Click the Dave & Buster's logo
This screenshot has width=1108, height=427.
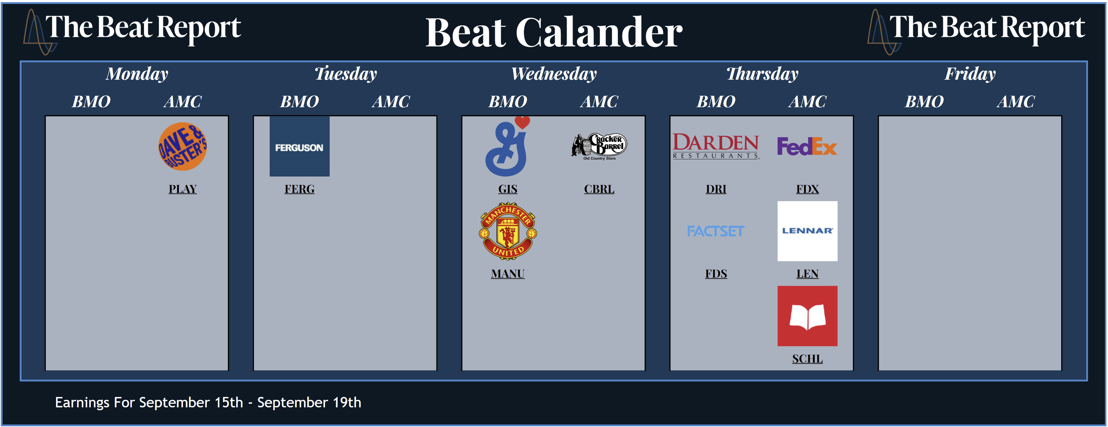(x=183, y=147)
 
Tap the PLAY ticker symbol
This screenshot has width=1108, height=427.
(x=183, y=189)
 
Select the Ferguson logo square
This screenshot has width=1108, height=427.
(x=299, y=147)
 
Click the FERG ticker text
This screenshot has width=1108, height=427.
(x=299, y=189)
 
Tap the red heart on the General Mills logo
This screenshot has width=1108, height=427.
(x=522, y=122)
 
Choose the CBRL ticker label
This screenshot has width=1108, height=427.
(x=599, y=189)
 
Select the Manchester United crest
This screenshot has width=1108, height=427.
(x=508, y=231)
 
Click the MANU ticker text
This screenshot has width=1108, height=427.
(x=508, y=274)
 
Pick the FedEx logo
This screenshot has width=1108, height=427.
(x=807, y=147)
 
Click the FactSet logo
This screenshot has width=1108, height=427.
(x=716, y=231)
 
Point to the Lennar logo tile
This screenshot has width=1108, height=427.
(x=807, y=231)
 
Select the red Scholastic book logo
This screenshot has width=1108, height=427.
(x=807, y=316)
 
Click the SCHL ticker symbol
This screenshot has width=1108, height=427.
(x=807, y=358)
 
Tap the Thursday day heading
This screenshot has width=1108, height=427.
(x=762, y=74)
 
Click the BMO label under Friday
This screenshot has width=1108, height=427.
(x=924, y=101)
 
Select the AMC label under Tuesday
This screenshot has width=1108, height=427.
(x=391, y=101)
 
